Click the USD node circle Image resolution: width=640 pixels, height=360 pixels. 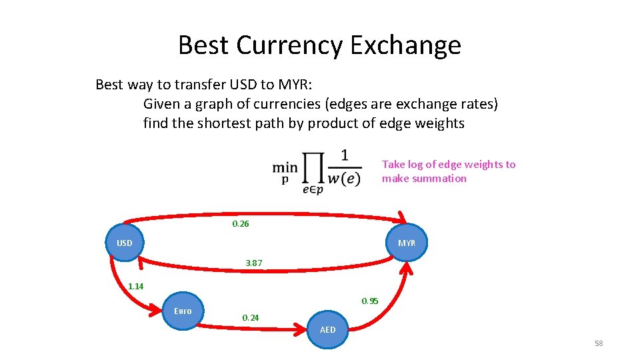click(x=124, y=243)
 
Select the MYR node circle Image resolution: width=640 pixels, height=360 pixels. click(x=407, y=243)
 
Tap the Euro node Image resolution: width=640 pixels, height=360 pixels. click(x=182, y=311)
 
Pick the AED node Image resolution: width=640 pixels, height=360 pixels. click(x=328, y=329)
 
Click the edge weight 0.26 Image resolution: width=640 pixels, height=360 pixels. click(x=241, y=224)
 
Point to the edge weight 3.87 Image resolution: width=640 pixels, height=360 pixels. click(x=254, y=263)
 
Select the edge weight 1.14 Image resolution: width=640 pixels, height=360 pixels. click(x=136, y=287)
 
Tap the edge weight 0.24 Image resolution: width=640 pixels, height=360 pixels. click(x=251, y=318)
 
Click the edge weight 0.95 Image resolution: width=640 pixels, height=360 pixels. click(x=370, y=301)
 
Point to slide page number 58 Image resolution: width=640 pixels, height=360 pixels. click(x=598, y=343)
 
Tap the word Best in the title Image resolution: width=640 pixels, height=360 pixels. click(x=203, y=45)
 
